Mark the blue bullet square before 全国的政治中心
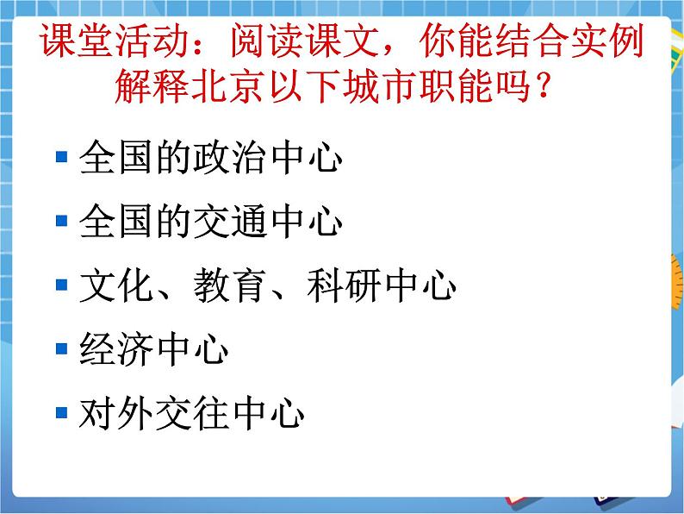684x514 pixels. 61,158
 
